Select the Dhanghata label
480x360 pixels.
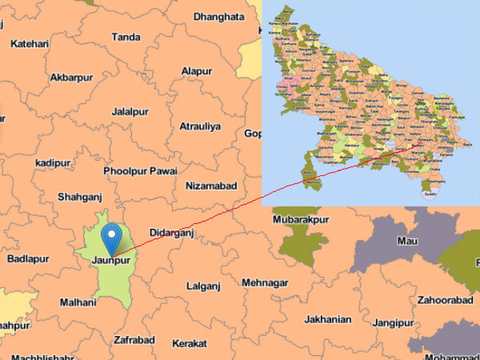219,17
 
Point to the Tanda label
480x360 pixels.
126,37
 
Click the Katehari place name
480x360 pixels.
30,44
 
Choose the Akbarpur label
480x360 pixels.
72,78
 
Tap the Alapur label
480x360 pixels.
197,72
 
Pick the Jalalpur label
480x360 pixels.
130,112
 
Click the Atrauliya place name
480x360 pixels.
200,126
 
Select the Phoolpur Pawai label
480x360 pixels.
140,171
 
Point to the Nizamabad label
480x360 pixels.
211,186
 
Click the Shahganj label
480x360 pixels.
80,197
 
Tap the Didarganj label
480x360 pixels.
172,233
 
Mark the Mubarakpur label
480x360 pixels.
301,220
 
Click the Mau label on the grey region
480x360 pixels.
407,241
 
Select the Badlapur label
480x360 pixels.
28,258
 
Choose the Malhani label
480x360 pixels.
78,302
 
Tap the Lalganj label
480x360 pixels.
204,286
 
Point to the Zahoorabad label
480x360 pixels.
445,300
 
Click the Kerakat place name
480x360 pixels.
190,343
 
